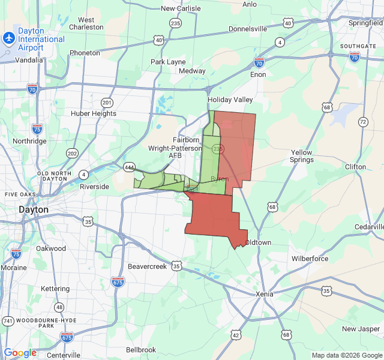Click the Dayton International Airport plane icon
pyautogui.click(x=8, y=38)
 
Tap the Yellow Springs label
pyautogui.click(x=301, y=156)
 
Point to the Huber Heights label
pyautogui.click(x=93, y=113)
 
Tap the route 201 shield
pyautogui.click(x=107, y=102)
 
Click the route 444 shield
pyautogui.click(x=129, y=167)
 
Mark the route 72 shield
pyautogui.click(x=363, y=122)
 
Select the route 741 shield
pyautogui.click(x=8, y=321)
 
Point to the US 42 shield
pyautogui.click(x=235, y=335)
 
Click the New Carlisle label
pyautogui.click(x=180, y=8)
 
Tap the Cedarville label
pyautogui.click(x=368, y=227)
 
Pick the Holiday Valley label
pyautogui.click(x=230, y=100)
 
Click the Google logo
pyautogui.click(x=20, y=353)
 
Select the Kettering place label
pyautogui.click(x=55, y=289)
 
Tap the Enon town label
pyautogui.click(x=258, y=74)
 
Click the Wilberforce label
pyautogui.click(x=310, y=259)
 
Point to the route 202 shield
pyautogui.click(x=73, y=153)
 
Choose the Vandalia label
pyautogui.click(x=29, y=59)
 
